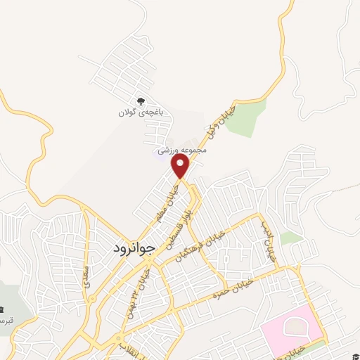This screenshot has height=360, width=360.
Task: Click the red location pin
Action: (x=181, y=166)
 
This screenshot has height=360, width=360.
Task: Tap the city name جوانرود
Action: (x=131, y=248)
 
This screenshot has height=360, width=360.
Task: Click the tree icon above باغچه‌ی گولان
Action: (x=141, y=101)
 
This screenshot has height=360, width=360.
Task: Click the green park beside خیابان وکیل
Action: (x=246, y=116)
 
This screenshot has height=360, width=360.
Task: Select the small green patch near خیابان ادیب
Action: (x=290, y=238)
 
